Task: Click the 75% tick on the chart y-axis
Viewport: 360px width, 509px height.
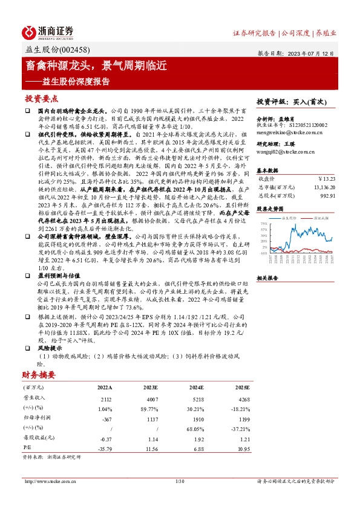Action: [264, 223]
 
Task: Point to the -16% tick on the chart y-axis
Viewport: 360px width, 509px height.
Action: [264, 253]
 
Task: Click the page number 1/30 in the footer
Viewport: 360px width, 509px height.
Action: [179, 481]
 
